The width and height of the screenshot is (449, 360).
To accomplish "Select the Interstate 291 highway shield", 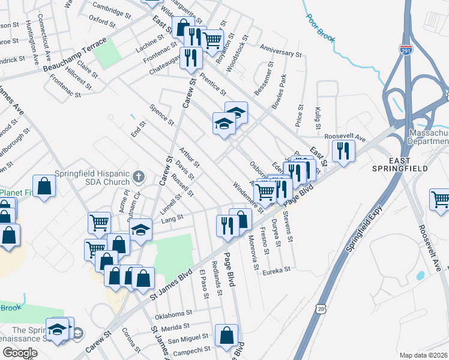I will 406,51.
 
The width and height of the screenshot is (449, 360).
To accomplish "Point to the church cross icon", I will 139,176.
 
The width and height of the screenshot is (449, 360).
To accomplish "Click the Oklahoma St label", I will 173,313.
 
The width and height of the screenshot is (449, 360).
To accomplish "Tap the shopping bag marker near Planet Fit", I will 44,185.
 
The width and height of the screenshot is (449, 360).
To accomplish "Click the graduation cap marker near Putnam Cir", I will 140,230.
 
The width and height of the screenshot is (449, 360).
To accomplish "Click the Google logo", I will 20,353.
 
